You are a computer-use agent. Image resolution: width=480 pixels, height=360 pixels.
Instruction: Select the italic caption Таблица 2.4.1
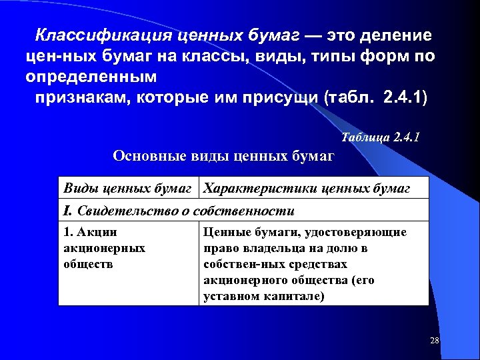click(380, 138)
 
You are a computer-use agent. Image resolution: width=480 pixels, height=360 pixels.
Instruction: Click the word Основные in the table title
click(145, 156)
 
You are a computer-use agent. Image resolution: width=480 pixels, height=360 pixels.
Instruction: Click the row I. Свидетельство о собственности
click(178, 211)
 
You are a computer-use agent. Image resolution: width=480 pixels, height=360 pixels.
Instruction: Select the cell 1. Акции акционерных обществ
click(103, 248)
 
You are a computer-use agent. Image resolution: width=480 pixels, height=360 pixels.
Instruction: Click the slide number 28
click(435, 341)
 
